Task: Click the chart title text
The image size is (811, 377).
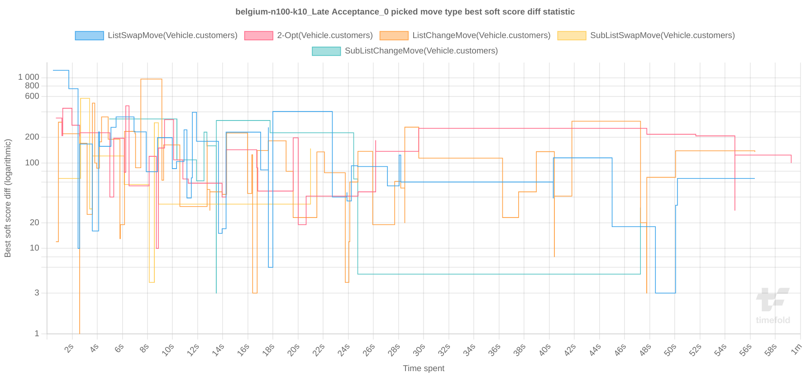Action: tap(405, 12)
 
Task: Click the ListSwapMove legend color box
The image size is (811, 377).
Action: tap(89, 35)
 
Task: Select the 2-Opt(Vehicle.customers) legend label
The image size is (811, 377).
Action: tap(324, 35)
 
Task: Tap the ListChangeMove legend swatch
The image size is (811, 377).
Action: tap(394, 35)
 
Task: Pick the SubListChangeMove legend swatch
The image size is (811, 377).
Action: tap(326, 51)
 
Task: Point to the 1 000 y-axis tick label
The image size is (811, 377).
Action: tap(29, 77)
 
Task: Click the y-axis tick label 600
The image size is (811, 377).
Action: tap(32, 96)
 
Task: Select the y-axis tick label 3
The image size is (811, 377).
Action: tap(37, 293)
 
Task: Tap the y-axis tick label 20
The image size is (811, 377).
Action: tap(34, 222)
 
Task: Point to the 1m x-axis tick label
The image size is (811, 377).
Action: tap(796, 349)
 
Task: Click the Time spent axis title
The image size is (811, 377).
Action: tap(424, 368)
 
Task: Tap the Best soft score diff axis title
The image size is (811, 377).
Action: tap(8, 198)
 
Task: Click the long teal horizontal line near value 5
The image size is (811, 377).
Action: tap(498, 274)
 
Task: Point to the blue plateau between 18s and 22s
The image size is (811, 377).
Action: tap(302, 111)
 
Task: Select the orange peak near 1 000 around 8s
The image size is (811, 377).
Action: tap(151, 79)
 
